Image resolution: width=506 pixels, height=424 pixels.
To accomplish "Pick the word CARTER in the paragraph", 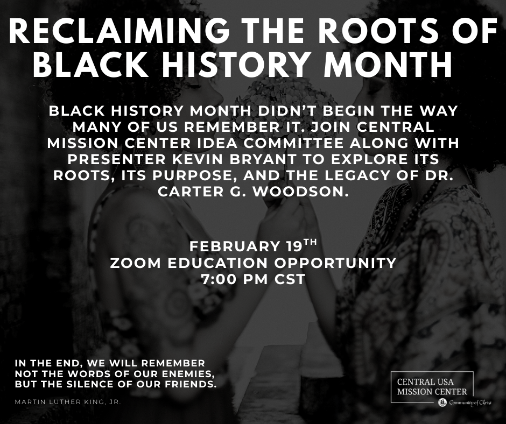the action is (186, 192).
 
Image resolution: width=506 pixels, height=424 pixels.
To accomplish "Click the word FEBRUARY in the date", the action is (235, 246).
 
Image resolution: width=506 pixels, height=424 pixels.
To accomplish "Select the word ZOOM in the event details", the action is (136, 263).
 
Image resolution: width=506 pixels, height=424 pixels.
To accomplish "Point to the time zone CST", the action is (290, 279).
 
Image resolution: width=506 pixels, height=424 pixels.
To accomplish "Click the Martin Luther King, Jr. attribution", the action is (68, 402).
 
